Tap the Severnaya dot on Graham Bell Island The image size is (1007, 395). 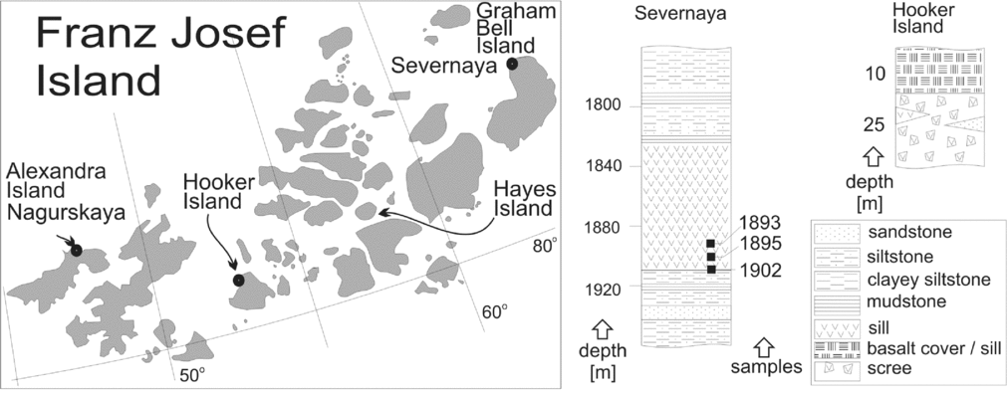click(x=512, y=64)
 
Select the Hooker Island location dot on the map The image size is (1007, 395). click(x=239, y=281)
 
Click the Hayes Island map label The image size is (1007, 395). click(x=524, y=198)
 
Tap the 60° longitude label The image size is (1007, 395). click(x=494, y=311)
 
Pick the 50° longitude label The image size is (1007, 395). click(x=191, y=374)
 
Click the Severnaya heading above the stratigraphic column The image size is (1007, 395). click(x=686, y=15)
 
